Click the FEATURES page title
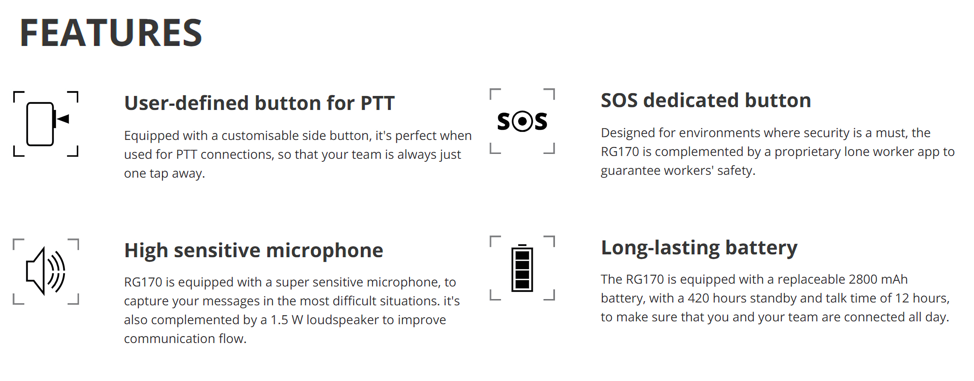pyautogui.click(x=111, y=33)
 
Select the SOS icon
pyautogui.click(x=522, y=121)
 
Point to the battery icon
pyautogui.click(x=522, y=268)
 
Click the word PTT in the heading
pyautogui.click(x=377, y=103)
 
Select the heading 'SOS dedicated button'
pyautogui.click(x=706, y=100)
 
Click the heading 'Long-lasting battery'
pyautogui.click(x=699, y=248)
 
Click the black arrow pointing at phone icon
pyautogui.click(x=63, y=119)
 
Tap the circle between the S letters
pyautogui.click(x=522, y=121)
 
